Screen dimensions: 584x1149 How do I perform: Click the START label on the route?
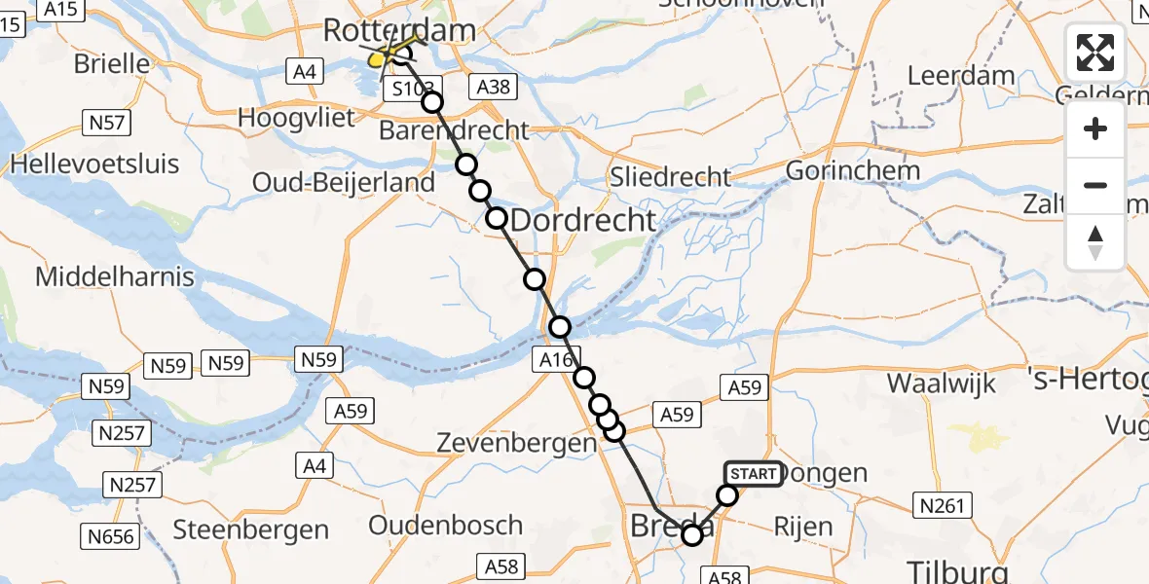pyautogui.click(x=754, y=474)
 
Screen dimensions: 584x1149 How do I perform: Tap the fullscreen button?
pyautogui.click(x=1095, y=53)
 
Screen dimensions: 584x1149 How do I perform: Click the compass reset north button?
pyautogui.click(x=1095, y=242)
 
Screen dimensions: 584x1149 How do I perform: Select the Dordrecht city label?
pyautogui.click(x=582, y=220)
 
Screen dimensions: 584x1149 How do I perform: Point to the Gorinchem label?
pyautogui.click(x=852, y=170)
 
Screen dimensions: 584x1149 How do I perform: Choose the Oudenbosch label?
pyautogui.click(x=446, y=526)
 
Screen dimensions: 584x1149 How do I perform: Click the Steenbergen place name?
pyautogui.click(x=251, y=529)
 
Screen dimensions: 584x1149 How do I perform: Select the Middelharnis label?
pyautogui.click(x=115, y=276)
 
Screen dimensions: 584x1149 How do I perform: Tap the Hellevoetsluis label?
pyautogui.click(x=94, y=163)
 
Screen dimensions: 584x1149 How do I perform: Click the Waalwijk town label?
pyautogui.click(x=942, y=383)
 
